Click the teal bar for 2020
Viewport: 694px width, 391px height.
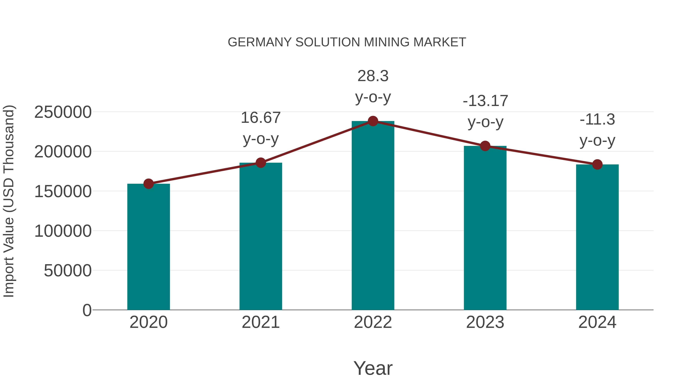click(x=148, y=247)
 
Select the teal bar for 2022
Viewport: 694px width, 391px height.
click(x=373, y=216)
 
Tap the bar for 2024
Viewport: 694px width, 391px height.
click(x=597, y=237)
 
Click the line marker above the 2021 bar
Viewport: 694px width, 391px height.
click(x=260, y=163)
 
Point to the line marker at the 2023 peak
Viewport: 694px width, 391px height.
click(x=485, y=146)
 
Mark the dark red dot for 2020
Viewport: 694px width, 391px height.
click(x=148, y=184)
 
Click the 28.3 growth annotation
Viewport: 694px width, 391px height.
click(x=373, y=76)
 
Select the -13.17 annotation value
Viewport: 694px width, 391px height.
click(x=485, y=101)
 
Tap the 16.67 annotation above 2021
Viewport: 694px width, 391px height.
click(x=260, y=118)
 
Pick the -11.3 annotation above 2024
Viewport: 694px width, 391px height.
click(x=597, y=120)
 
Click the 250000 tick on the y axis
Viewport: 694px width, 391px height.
click(x=63, y=112)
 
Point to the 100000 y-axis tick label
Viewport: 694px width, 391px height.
click(x=63, y=231)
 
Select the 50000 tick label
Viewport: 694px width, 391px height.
click(x=68, y=271)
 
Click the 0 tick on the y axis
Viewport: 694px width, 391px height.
click(x=87, y=310)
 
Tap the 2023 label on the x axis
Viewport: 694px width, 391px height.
click(x=485, y=322)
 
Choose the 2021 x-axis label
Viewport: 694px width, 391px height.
click(x=260, y=322)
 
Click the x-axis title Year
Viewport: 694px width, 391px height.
click(x=373, y=368)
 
